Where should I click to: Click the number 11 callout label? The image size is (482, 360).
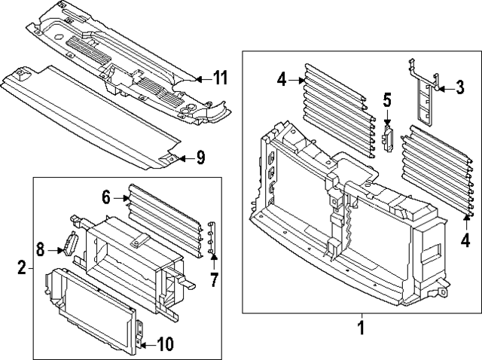220,78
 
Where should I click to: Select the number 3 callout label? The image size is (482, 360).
459,89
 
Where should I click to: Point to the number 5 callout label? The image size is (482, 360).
387,99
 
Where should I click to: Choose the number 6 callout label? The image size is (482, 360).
105,197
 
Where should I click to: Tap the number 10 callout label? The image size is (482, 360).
166,345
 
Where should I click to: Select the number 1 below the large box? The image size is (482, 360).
361,328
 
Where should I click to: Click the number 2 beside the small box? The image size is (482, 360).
21,267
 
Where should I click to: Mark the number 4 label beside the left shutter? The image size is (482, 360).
280,78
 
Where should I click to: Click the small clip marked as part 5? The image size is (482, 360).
389,137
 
